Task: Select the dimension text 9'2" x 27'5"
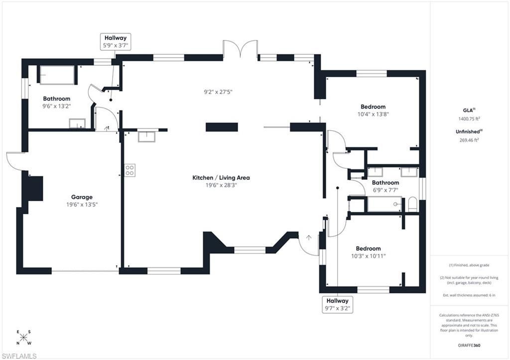tap(218, 92)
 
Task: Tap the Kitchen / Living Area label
tap(221, 178)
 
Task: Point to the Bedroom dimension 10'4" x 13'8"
tap(373, 114)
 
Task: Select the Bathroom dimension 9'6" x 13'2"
tap(56, 106)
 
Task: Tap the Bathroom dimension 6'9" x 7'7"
tap(385, 190)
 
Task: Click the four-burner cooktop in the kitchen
tap(129, 170)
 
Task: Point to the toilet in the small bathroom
tap(412, 204)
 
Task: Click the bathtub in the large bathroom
tap(57, 75)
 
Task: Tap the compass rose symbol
tap(24, 337)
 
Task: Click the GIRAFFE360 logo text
tap(469, 345)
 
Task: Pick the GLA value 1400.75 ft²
tap(469, 119)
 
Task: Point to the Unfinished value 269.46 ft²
tap(469, 140)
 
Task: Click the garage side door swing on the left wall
tap(14, 160)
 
